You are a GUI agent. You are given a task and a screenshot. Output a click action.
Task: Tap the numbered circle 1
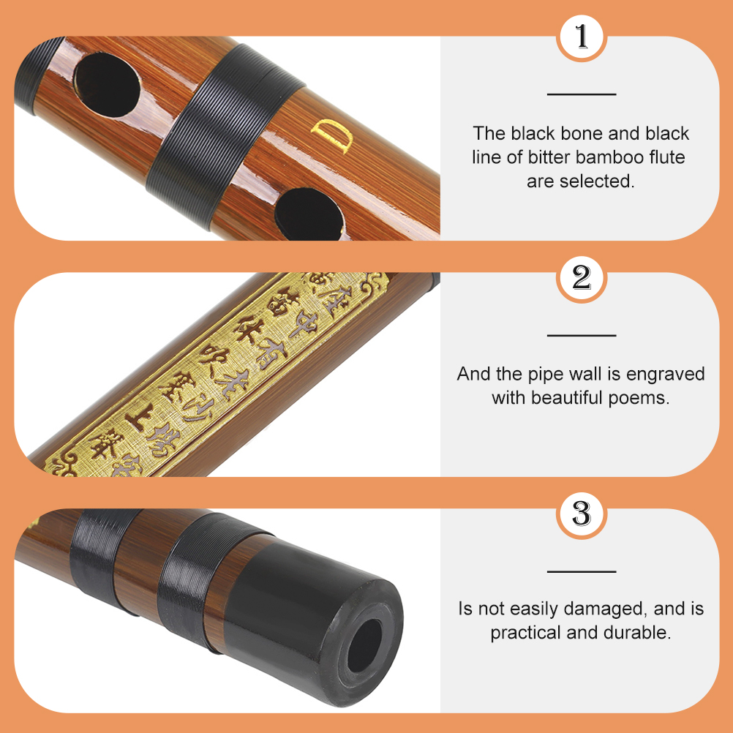[582, 37]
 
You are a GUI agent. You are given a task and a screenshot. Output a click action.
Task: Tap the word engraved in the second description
[670, 375]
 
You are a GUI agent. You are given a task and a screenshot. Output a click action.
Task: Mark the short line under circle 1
[582, 94]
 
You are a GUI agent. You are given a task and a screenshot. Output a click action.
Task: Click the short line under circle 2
[582, 335]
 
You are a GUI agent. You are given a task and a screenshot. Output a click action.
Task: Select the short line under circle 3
[582, 571]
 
